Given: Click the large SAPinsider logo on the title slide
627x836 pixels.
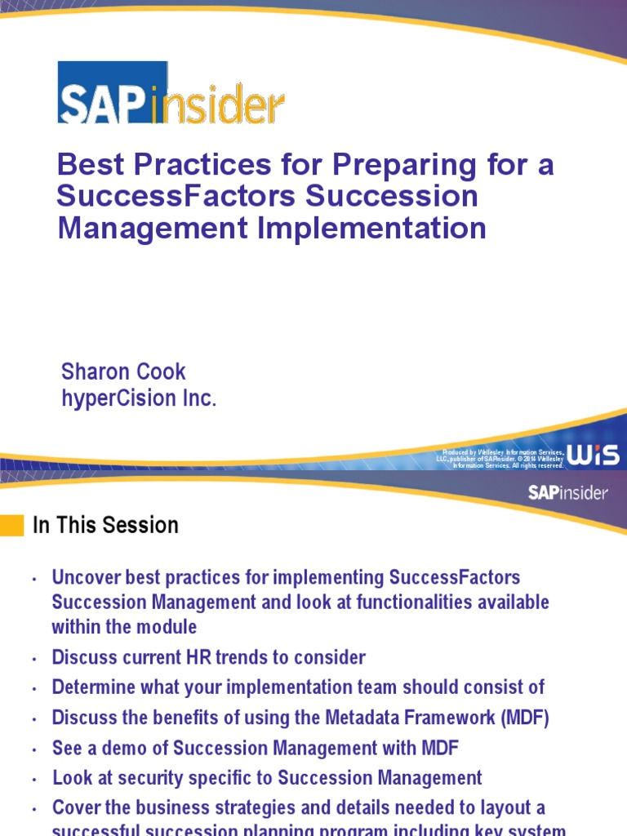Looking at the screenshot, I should coord(171,92).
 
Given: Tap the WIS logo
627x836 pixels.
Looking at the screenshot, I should coord(593,456).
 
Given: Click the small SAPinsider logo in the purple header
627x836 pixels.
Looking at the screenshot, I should coord(568,492).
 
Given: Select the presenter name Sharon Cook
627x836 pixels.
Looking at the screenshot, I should coord(123,372).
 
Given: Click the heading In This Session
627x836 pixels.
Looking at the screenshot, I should coord(105,526).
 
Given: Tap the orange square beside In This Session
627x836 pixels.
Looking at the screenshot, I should coord(12,525).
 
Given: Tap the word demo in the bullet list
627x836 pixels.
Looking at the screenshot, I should coord(118,749).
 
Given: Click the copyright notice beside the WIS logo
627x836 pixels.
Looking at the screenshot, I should coord(500,458).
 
